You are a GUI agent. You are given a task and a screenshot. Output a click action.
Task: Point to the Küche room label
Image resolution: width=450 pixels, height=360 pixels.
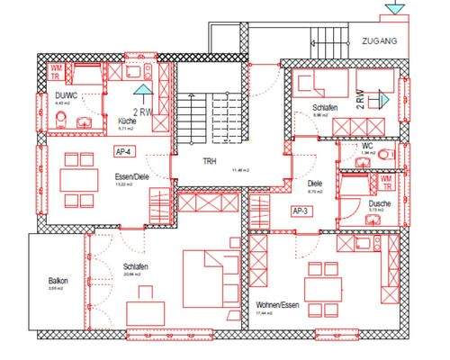coord(127,120)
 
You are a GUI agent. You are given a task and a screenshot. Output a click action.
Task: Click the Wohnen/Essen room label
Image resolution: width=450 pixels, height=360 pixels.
coord(276,305)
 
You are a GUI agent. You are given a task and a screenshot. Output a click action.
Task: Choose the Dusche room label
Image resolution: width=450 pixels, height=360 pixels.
coord(379,204)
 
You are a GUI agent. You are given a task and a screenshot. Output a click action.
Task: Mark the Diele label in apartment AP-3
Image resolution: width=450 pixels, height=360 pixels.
coord(315,184)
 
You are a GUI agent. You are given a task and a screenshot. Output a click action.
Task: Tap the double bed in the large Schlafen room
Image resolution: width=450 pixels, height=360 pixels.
coord(209,270)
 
